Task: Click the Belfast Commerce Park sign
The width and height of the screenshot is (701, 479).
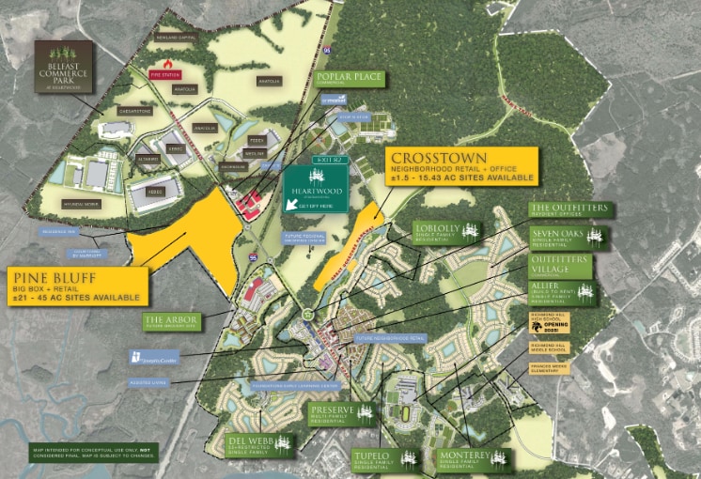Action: [65, 65]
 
